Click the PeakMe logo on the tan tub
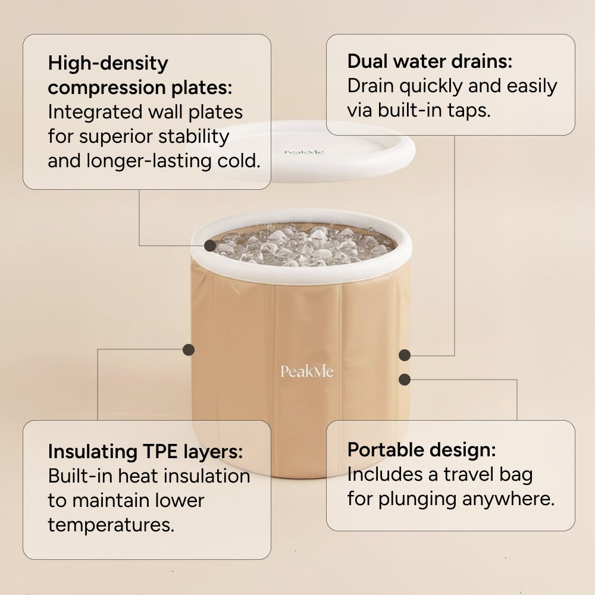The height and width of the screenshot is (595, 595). (x=307, y=372)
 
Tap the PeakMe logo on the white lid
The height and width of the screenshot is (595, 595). (x=304, y=152)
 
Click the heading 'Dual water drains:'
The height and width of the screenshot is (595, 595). (x=430, y=61)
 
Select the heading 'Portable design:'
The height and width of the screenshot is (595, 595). (x=421, y=450)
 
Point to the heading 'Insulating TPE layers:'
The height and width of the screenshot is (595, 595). (x=145, y=452)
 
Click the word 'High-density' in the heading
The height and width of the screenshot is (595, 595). (x=108, y=63)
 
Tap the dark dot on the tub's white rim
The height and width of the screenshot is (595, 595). (x=210, y=245)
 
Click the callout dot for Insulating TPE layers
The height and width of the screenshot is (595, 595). (x=189, y=350)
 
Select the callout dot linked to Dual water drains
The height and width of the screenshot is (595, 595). (x=405, y=355)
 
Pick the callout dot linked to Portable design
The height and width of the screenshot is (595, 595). (x=405, y=379)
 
